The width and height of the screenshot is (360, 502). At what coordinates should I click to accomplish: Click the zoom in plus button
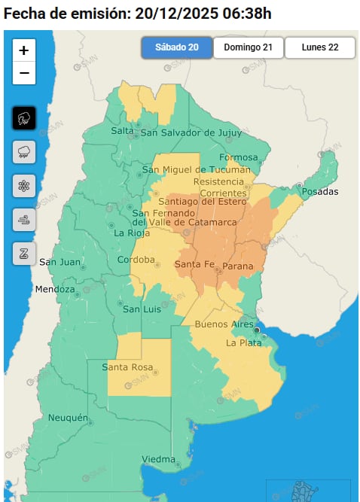coord(24,50)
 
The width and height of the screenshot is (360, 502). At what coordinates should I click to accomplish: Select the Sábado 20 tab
coord(176,47)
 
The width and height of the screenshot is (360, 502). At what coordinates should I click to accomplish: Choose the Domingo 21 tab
coord(248,47)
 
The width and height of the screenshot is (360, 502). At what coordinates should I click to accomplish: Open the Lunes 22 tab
coord(319,47)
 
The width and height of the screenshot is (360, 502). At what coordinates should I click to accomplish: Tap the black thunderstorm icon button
coord(24,118)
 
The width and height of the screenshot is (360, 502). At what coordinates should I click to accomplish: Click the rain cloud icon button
coord(24,152)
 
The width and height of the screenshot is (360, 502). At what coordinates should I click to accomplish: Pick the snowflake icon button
coord(24,186)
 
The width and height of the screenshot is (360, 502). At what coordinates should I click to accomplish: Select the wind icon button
coord(24,220)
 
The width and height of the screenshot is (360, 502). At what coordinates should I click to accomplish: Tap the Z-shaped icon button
coord(24,254)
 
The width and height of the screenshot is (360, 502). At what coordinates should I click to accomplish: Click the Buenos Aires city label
coord(224,324)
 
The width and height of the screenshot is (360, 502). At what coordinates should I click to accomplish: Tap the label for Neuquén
coord(69,418)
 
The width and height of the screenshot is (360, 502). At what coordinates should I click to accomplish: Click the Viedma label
coord(158,459)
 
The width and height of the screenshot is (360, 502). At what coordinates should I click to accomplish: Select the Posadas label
coord(319,192)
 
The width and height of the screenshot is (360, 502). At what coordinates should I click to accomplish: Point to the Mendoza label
coord(54,290)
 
